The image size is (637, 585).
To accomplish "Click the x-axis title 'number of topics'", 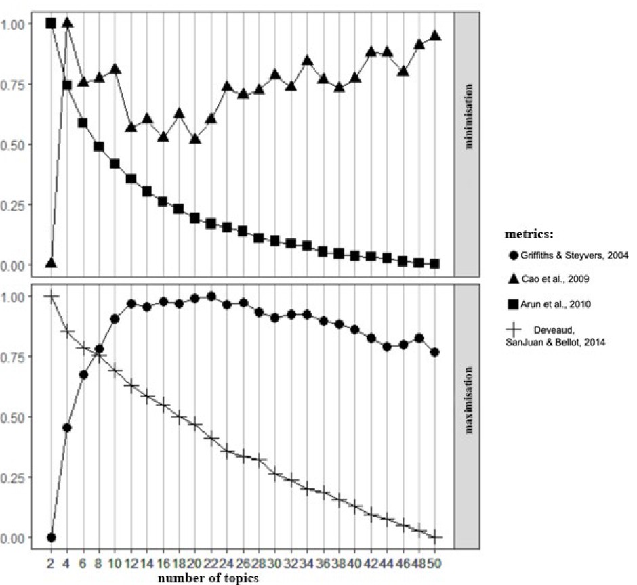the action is [x=207, y=578].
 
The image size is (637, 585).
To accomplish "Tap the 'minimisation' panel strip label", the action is [x=468, y=116].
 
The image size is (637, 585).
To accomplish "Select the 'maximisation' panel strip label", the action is [x=468, y=400].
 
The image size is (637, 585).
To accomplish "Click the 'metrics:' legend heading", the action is [x=529, y=234].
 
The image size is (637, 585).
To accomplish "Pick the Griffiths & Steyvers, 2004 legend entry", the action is [x=569, y=255].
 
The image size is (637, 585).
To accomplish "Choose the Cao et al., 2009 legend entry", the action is [x=549, y=279].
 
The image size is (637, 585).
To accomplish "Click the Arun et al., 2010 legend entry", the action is [x=550, y=304].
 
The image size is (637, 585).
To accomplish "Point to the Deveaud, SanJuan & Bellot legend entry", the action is [x=556, y=336].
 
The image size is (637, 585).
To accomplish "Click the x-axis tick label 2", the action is [x=51, y=563].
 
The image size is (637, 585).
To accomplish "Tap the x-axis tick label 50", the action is [x=434, y=563].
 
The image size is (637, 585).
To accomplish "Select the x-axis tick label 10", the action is [x=115, y=563].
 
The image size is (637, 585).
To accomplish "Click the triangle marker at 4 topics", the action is [x=67, y=23].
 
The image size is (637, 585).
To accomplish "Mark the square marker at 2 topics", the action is [x=51, y=23].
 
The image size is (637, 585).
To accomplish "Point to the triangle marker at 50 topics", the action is [x=435, y=35].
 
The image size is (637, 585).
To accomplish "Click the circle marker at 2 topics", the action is [x=52, y=538].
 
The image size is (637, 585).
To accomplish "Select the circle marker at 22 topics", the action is [x=211, y=297].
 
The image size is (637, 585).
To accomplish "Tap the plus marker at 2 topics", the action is [x=52, y=297].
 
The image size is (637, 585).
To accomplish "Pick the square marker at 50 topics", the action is [x=434, y=264].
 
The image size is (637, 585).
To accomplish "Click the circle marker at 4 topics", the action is [x=67, y=427].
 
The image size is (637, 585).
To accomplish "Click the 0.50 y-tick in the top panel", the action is [x=12, y=145].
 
